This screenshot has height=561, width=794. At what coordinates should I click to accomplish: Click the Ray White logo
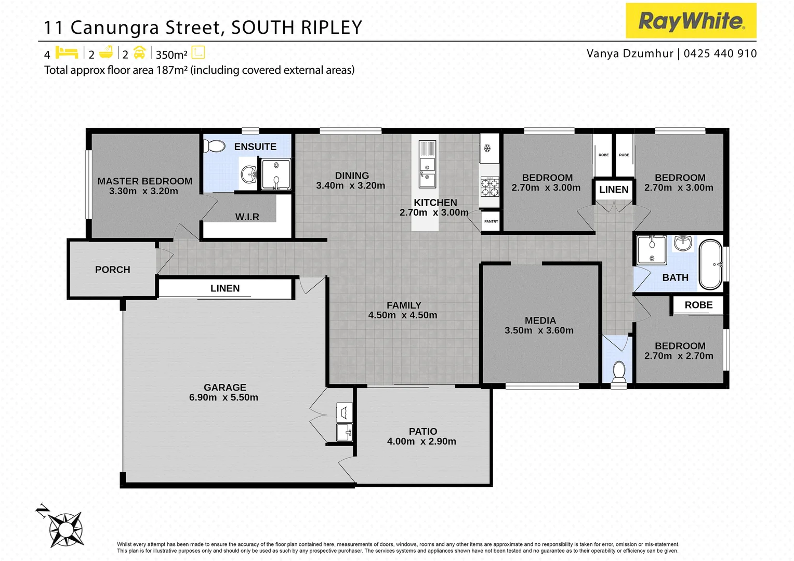[691, 21]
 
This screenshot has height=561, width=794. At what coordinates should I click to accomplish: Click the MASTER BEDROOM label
[145, 181]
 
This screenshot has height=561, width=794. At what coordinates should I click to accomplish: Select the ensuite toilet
[214, 146]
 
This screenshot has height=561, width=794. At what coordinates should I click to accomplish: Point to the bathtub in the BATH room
[710, 264]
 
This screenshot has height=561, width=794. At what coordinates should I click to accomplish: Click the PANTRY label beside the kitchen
[491, 221]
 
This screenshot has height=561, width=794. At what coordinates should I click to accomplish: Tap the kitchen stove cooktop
[489, 187]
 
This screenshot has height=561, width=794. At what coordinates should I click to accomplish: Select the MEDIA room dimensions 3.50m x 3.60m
[539, 330]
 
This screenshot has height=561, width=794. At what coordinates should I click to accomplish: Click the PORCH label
[112, 270]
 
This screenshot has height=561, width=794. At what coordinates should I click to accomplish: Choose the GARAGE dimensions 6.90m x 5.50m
[223, 397]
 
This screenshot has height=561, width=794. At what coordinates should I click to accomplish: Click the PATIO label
[423, 432]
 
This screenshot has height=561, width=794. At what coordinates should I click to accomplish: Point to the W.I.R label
[247, 217]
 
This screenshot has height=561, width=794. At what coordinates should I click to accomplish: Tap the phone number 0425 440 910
[720, 54]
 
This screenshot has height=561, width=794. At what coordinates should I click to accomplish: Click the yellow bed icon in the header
[67, 53]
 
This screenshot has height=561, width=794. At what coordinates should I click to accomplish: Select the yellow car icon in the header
[139, 53]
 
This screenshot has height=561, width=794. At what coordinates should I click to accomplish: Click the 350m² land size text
[171, 55]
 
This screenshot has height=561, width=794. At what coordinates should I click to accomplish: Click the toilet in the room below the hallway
[619, 371]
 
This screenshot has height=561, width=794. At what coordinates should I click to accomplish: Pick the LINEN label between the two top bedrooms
[614, 190]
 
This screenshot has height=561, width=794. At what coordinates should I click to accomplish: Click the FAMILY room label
[404, 305]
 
